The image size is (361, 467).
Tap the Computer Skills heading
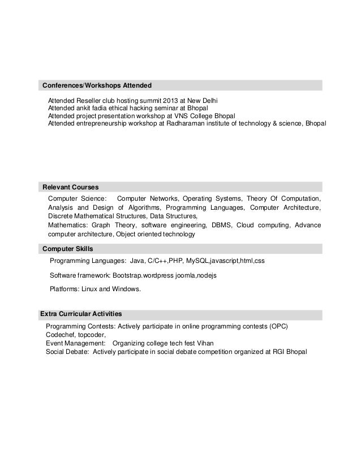tap(68, 249)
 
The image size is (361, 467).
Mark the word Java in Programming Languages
tap(137, 261)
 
